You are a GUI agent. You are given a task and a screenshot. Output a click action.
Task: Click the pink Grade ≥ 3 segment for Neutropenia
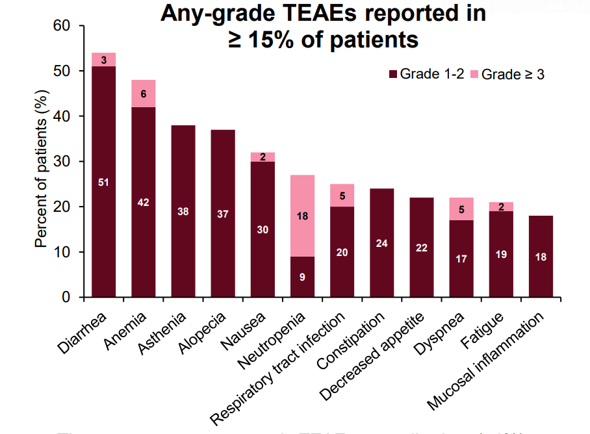302,216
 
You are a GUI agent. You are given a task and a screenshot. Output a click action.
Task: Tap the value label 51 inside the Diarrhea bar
103,182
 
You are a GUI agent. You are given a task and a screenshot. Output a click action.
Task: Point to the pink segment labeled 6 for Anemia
143,94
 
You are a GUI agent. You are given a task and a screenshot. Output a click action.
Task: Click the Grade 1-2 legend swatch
392,74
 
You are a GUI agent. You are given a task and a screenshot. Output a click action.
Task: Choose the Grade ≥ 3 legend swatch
474,74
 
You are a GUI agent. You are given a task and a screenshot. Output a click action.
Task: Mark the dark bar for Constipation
382,244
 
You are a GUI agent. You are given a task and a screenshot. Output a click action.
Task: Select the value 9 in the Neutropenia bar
302,277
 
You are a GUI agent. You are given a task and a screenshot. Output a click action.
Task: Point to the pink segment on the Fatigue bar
501,207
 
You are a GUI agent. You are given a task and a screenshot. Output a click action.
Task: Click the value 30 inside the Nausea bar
263,229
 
